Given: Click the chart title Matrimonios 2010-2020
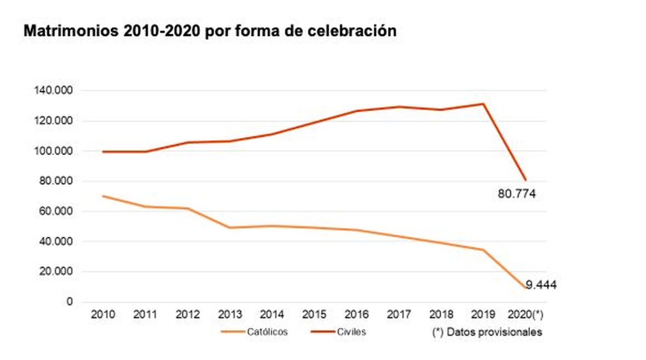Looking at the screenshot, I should pos(210,31).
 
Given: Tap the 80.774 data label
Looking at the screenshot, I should pos(516,194).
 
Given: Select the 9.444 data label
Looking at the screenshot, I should pos(541,285).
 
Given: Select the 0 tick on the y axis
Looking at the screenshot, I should pos(69,302).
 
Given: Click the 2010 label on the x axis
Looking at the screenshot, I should pos(103,314).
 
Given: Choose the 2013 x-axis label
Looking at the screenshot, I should pos(230,314).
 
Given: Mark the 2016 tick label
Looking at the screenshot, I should pos(357,314).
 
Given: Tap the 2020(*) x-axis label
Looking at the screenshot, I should pos(525,314).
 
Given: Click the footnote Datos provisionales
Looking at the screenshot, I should pos(487,332).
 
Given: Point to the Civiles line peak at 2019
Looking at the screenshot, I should pos(483,104).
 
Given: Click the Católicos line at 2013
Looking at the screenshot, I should pos(230,227).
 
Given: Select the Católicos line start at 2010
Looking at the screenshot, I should pos(103,196).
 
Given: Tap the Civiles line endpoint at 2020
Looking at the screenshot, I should pos(525,180).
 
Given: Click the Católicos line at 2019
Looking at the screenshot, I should pos(483,250).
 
